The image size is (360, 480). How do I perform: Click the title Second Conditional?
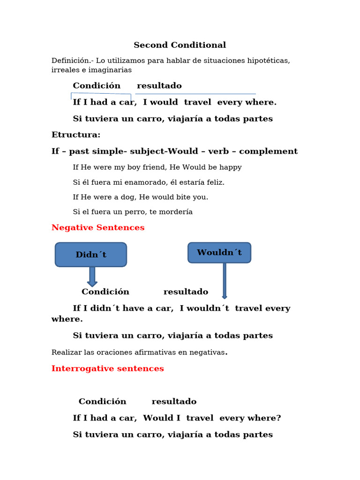pos(180,45)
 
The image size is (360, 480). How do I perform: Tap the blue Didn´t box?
pos(91,255)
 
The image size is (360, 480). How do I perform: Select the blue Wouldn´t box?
pos(219,253)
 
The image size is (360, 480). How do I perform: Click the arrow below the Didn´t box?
pos(92,277)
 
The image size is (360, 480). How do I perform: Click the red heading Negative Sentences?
pos(98,228)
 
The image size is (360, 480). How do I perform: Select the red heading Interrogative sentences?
pos(108,369)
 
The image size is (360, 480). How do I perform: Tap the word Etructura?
pos(76,135)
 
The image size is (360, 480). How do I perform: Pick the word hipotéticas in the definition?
pos(269,61)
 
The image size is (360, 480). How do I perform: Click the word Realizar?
pos(66,352)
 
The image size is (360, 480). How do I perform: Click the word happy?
pos(231,167)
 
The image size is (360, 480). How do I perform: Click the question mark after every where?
pos(278,418)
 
